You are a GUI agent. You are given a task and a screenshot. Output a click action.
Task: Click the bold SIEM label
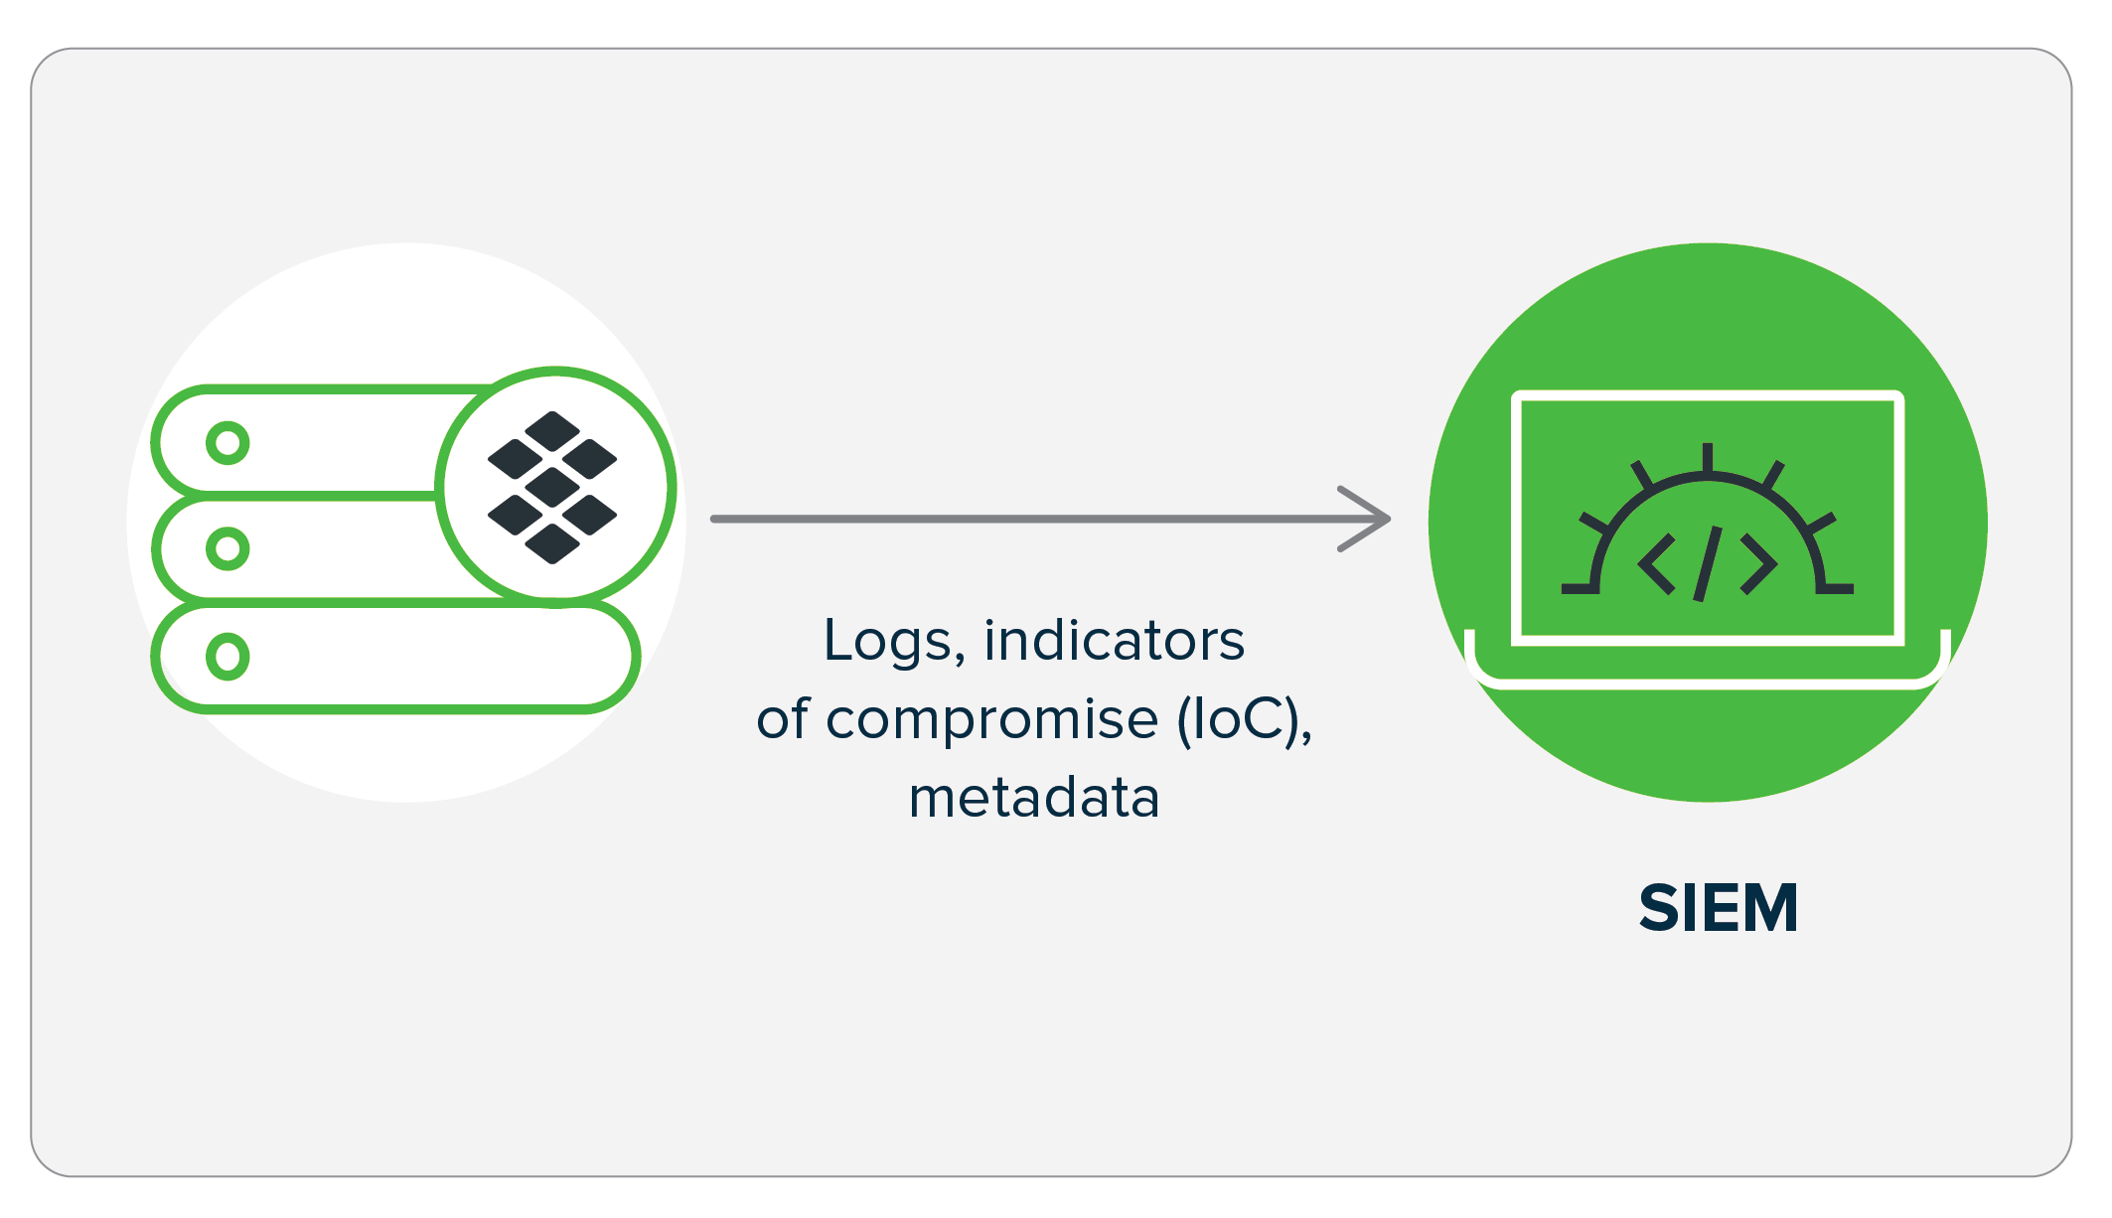coord(1718,908)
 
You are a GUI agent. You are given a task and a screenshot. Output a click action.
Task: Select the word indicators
coord(1114,641)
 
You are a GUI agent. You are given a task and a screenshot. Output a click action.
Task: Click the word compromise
coord(991,719)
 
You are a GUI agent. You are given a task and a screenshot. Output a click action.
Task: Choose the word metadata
coord(1034,798)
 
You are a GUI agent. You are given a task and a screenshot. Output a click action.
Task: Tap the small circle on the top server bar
coord(227,443)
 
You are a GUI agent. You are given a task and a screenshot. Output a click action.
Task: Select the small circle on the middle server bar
coord(227,548)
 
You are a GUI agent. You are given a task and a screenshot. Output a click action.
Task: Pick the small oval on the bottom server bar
coord(227,657)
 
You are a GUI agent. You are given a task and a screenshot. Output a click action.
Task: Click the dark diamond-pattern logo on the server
coord(552,487)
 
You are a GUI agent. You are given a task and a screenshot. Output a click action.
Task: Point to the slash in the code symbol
coord(1707,563)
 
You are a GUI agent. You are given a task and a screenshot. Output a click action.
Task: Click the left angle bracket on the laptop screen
coord(1657,563)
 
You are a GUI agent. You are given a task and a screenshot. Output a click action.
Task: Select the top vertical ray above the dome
coord(1708,457)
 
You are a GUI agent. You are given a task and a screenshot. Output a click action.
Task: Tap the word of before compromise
coord(783,719)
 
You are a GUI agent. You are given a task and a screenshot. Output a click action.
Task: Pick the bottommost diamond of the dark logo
coord(552,542)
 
